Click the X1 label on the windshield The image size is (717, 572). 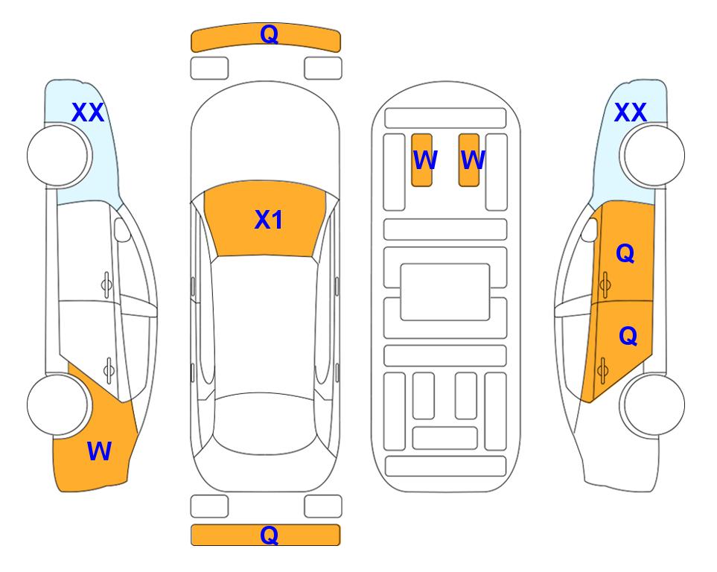pyautogui.click(x=269, y=220)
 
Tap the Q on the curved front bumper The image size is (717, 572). pyautogui.click(x=269, y=34)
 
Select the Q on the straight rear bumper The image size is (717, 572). pyautogui.click(x=269, y=535)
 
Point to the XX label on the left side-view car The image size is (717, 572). pyautogui.click(x=88, y=112)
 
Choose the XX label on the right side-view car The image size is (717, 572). pyautogui.click(x=630, y=112)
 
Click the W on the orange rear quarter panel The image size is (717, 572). pyautogui.click(x=99, y=451)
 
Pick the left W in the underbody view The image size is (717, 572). pyautogui.click(x=425, y=159)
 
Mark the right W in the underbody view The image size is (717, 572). pyautogui.click(x=472, y=159)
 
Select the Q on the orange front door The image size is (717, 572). pyautogui.click(x=625, y=253)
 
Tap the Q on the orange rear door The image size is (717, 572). pyautogui.click(x=628, y=337)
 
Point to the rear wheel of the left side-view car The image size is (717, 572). pyautogui.click(x=57, y=404)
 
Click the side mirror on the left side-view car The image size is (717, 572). pyautogui.click(x=121, y=229)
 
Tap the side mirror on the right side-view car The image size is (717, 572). pyautogui.click(x=590, y=229)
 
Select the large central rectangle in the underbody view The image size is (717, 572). pyautogui.click(x=445, y=292)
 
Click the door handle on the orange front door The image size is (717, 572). pyautogui.click(x=605, y=284)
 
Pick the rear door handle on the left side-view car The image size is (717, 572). pyautogui.click(x=109, y=369)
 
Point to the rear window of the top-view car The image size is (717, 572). pyautogui.click(x=265, y=423)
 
